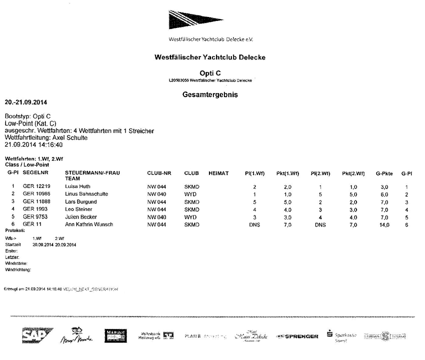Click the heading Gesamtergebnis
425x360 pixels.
(210, 94)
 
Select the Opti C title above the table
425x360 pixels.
(210, 73)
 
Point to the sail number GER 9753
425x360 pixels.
(34, 217)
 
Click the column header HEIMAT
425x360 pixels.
(218, 173)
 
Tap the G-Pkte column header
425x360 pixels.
(384, 174)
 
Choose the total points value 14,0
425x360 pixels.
(384, 224)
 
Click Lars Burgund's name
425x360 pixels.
(81, 201)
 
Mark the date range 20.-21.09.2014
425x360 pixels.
(26, 102)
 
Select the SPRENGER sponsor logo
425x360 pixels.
(298, 336)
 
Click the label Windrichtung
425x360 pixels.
(18, 269)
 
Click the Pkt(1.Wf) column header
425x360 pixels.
(286, 173)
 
